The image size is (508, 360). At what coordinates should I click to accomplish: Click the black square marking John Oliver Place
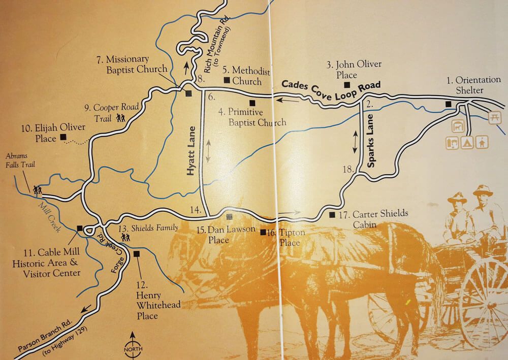click(x=347, y=85)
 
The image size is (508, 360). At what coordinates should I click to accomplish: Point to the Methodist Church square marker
click(x=227, y=80)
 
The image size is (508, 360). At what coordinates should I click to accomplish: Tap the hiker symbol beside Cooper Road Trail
click(x=121, y=118)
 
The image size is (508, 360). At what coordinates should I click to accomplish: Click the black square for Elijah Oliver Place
click(x=63, y=137)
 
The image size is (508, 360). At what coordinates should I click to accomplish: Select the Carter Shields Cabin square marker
click(x=332, y=214)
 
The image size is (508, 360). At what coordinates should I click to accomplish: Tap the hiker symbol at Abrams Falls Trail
click(x=37, y=189)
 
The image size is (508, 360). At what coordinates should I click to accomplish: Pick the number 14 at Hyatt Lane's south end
click(x=194, y=210)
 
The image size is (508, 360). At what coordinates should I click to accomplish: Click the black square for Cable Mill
click(x=79, y=228)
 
